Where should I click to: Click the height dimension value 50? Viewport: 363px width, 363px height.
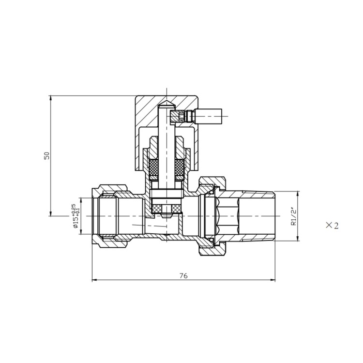click(47, 155)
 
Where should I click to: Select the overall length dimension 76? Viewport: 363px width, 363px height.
click(183, 275)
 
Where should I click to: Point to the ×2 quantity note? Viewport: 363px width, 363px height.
click(332, 226)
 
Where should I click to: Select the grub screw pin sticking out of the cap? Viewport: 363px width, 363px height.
click(208, 116)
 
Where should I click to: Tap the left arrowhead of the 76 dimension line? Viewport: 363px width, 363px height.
click(94, 280)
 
